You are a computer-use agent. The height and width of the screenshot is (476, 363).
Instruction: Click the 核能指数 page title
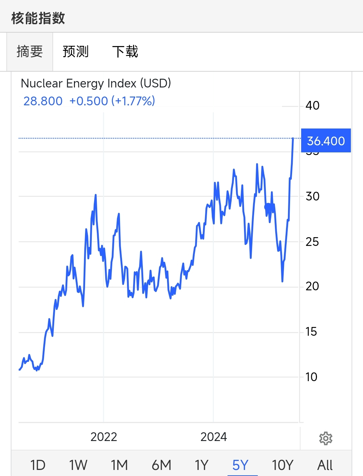[38, 18]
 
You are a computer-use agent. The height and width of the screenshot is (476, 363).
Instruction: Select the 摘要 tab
[30, 52]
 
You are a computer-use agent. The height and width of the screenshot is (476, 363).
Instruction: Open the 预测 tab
[76, 52]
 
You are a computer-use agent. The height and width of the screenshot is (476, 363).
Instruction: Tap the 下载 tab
[125, 52]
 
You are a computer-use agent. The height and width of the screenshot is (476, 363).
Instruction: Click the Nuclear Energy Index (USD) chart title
[96, 83]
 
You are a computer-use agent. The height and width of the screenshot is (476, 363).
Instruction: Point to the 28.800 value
[43, 101]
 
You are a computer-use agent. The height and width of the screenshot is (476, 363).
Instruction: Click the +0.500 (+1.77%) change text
[112, 101]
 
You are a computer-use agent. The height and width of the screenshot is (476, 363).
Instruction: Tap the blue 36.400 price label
[326, 141]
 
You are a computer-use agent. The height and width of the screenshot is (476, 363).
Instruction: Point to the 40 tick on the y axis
[312, 106]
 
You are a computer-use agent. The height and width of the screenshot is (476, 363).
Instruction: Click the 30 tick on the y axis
[312, 196]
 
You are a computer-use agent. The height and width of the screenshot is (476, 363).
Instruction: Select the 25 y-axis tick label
[312, 242]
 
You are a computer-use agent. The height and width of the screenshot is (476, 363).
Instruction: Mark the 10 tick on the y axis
[311, 377]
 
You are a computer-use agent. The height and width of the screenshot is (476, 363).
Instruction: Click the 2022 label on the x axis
[104, 437]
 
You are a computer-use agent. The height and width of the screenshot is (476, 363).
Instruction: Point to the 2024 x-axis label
[213, 437]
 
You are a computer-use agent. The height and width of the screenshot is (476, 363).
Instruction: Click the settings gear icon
[325, 438]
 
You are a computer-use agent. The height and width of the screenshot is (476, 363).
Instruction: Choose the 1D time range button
[38, 465]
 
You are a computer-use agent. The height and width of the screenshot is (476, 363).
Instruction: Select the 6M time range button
[161, 465]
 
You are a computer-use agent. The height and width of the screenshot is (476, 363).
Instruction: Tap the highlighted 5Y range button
[240, 465]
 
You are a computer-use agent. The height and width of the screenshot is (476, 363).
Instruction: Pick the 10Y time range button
[282, 465]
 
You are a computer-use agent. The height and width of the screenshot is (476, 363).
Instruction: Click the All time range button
[325, 465]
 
